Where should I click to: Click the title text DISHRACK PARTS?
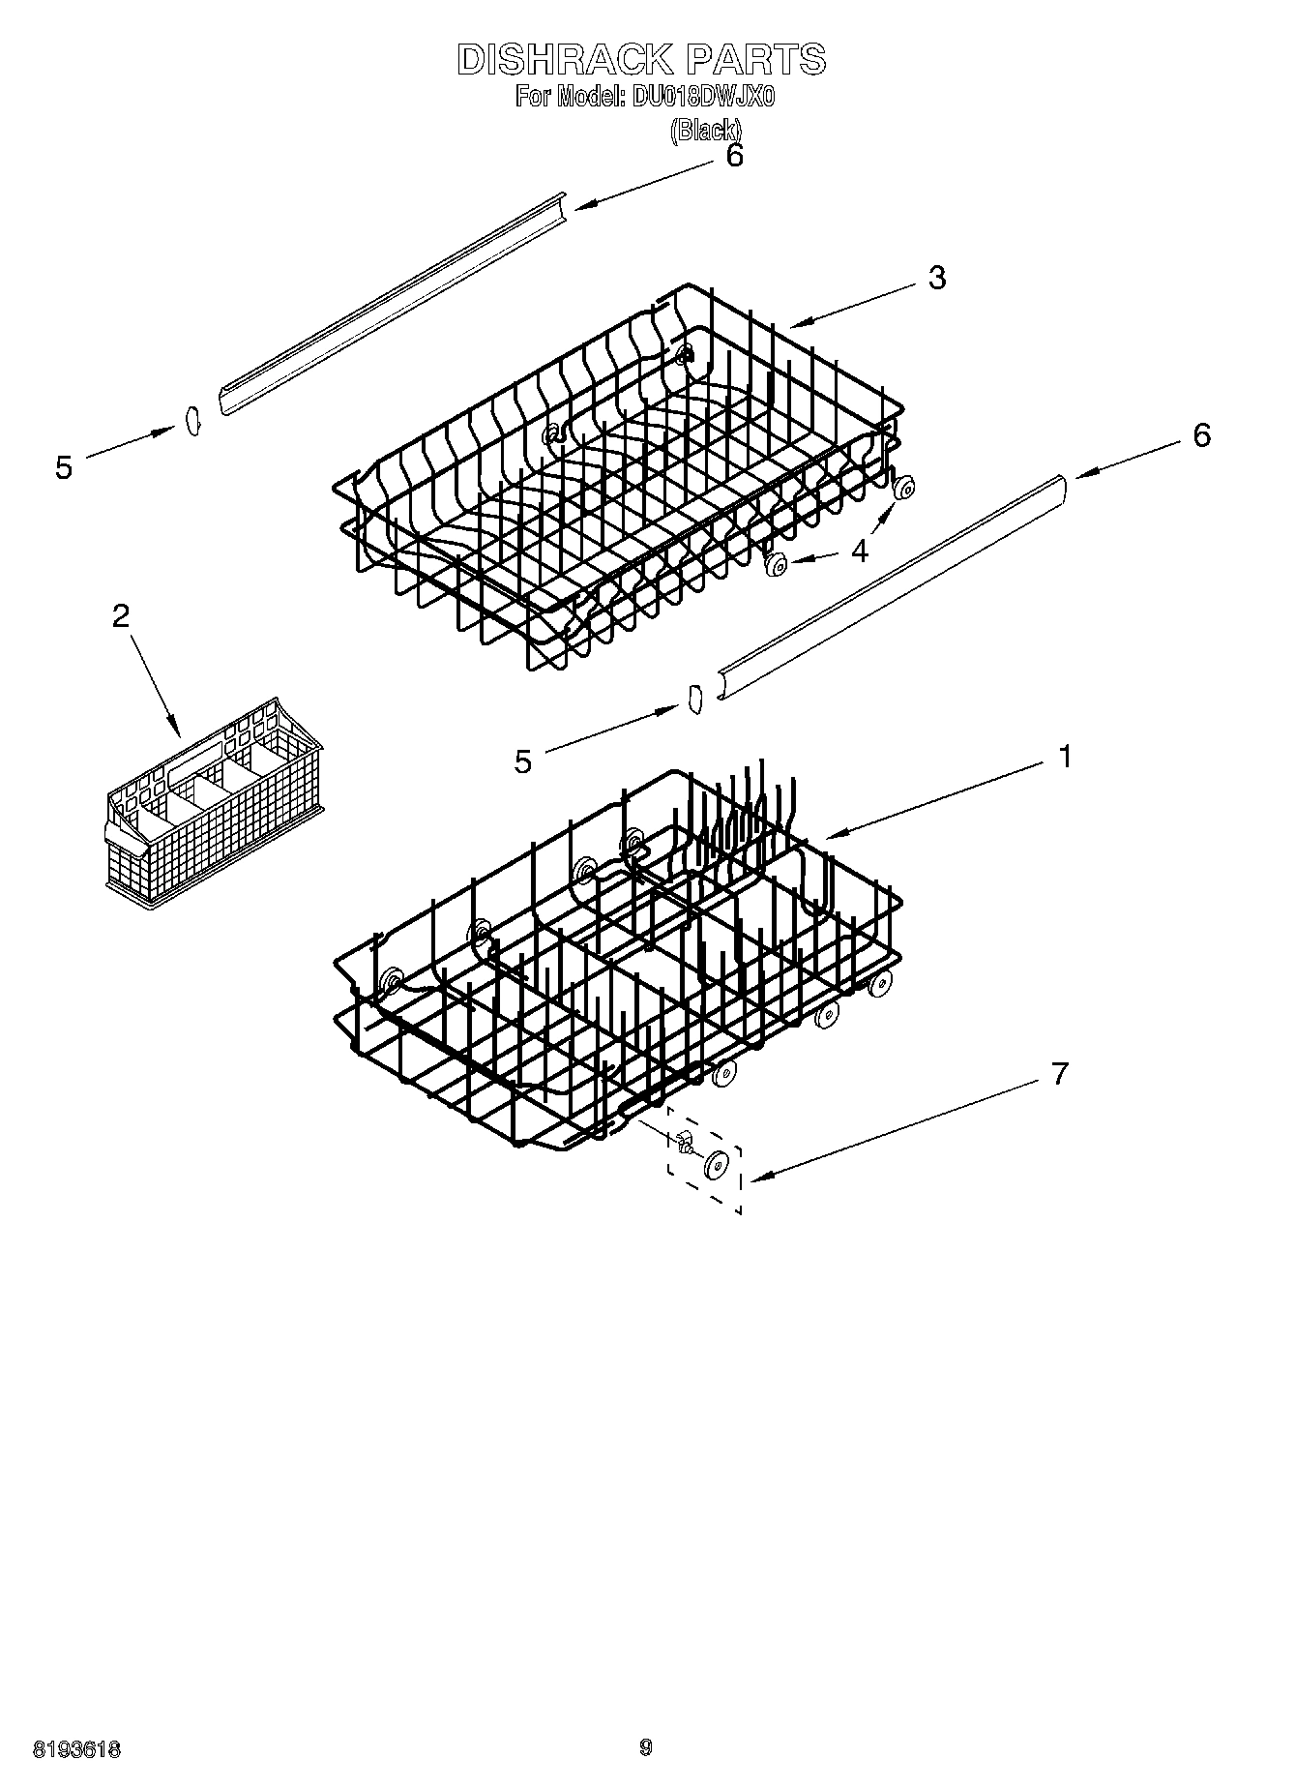pos(641,60)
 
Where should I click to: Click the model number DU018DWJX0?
pos(704,98)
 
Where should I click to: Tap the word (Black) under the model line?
pos(706,130)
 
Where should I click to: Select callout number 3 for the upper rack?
pos(935,278)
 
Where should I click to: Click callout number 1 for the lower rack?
pos(1064,757)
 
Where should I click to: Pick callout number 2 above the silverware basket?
pos(121,615)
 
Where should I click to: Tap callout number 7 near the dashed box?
pos(1059,1073)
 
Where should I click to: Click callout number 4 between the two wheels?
pos(859,550)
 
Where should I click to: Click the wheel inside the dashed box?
pos(717,1166)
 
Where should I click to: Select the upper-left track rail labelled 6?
pos(392,306)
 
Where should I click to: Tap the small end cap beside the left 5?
pos(191,422)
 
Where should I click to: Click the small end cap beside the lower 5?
pos(693,699)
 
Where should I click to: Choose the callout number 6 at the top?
pos(734,156)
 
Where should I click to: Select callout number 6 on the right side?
pos(1200,435)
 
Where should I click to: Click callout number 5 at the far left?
pos(64,468)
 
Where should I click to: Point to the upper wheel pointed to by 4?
pos(905,490)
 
